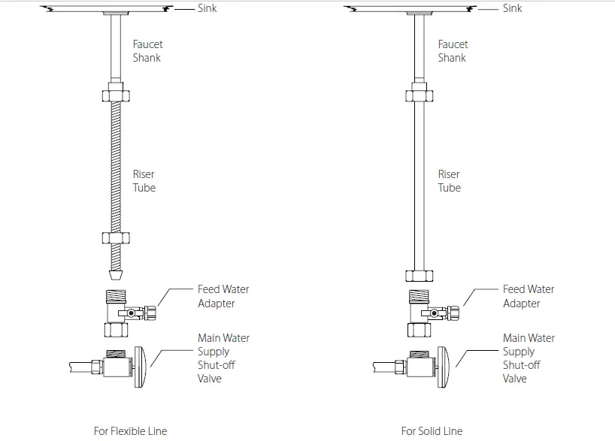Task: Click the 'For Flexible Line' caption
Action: tap(130, 431)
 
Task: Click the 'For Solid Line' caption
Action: tap(432, 431)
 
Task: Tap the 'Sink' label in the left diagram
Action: tap(208, 8)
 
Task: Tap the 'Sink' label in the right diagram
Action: tap(513, 8)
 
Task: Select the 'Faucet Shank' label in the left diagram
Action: tap(147, 51)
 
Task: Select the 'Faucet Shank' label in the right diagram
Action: tap(453, 51)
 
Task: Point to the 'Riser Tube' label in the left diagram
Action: tap(144, 181)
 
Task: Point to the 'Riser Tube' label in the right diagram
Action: tap(450, 181)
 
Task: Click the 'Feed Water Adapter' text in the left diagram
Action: tap(223, 296)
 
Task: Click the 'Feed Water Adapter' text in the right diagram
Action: tap(529, 296)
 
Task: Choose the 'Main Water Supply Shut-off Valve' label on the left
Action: tap(223, 358)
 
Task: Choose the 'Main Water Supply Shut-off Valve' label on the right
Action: tap(529, 358)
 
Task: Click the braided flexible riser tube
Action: tap(116, 165)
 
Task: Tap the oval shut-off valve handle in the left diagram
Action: tap(141, 367)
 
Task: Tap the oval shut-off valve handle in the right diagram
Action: tap(446, 367)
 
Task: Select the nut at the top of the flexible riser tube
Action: tap(116, 96)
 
